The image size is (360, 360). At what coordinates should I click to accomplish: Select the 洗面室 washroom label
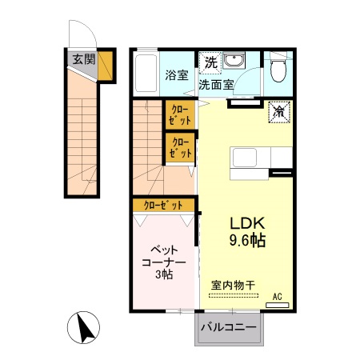217,82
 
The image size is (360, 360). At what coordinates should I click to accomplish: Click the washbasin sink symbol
234,62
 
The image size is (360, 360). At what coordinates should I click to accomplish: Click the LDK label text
247,223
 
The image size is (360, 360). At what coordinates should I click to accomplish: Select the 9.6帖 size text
247,240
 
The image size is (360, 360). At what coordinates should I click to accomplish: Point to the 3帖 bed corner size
164,275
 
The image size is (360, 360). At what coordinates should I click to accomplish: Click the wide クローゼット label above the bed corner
165,206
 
